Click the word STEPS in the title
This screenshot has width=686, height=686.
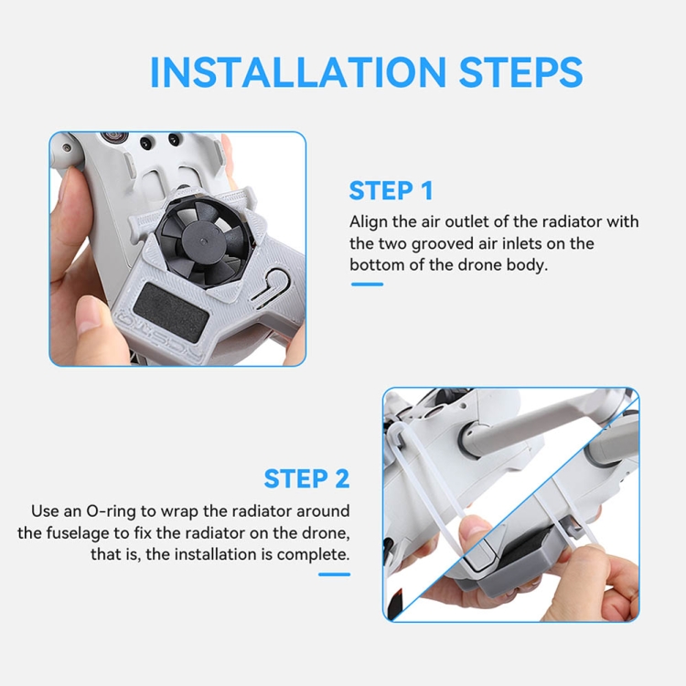[x=520, y=72]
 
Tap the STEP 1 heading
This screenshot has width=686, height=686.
[x=391, y=191]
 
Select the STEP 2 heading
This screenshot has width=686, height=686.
[x=306, y=478]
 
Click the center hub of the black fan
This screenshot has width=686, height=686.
[x=202, y=241]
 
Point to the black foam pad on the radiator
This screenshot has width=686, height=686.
[x=171, y=305]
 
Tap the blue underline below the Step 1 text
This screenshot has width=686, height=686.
[x=367, y=284]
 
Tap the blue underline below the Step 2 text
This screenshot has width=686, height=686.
[x=334, y=574]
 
